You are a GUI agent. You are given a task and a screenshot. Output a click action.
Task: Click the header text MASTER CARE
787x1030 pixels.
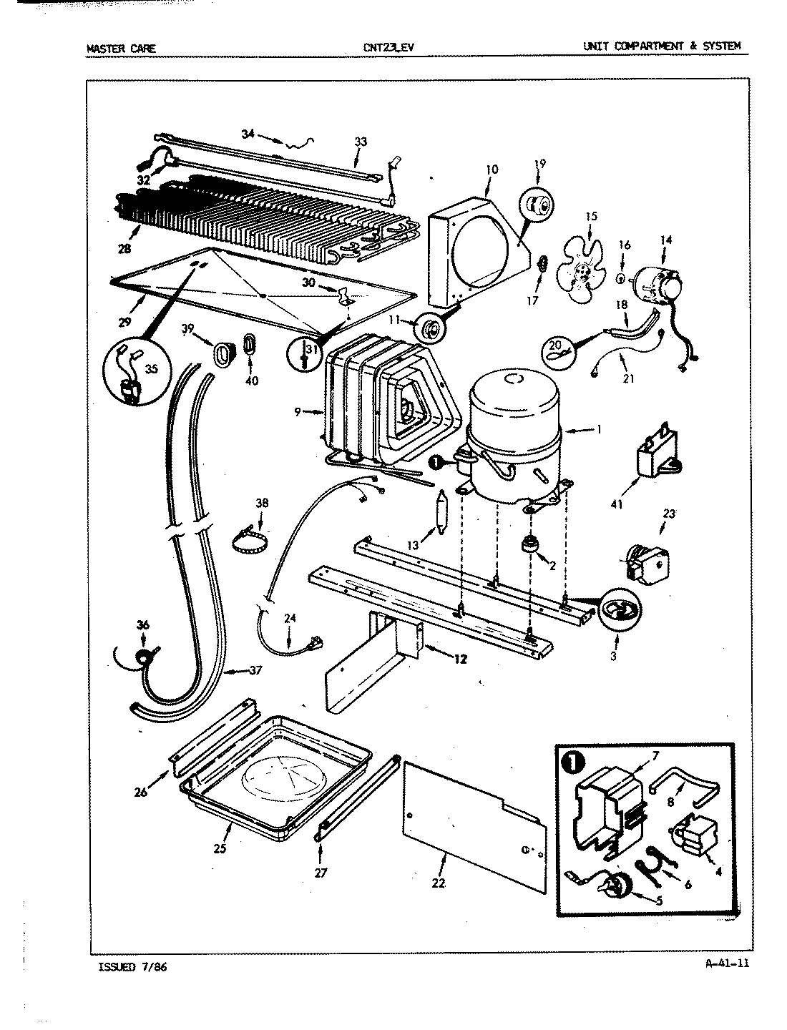[x=120, y=49]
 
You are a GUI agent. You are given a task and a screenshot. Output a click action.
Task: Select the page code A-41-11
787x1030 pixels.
[x=727, y=963]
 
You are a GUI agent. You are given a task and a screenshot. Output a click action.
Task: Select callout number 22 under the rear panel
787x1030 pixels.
[x=438, y=883]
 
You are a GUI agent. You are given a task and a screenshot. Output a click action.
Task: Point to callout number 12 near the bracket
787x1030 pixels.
[x=459, y=659]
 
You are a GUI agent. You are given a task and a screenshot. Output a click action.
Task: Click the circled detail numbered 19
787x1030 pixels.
[x=537, y=207]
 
